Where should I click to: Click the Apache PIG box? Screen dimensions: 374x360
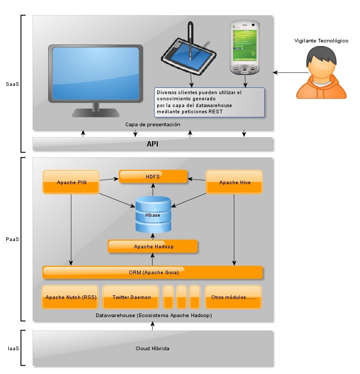click(70, 182)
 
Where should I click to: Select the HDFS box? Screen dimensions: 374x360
click(153, 177)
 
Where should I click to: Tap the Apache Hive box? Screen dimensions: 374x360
click(234, 182)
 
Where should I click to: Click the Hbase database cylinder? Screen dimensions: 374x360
click(153, 214)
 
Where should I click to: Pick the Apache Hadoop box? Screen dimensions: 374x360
click(153, 246)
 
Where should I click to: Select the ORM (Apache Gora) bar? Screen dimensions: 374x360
click(153, 273)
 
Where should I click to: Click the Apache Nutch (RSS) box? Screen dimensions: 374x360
click(70, 297)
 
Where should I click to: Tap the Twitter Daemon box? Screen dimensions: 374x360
click(131, 297)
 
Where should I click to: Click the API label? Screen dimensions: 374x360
click(153, 144)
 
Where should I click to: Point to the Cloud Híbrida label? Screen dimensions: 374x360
click(153, 349)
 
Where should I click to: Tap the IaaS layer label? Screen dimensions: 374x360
click(12, 349)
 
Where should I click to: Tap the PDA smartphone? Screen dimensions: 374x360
click(244, 47)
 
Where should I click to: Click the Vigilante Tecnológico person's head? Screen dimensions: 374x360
click(321, 63)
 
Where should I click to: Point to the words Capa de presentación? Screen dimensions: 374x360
click(153, 125)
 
